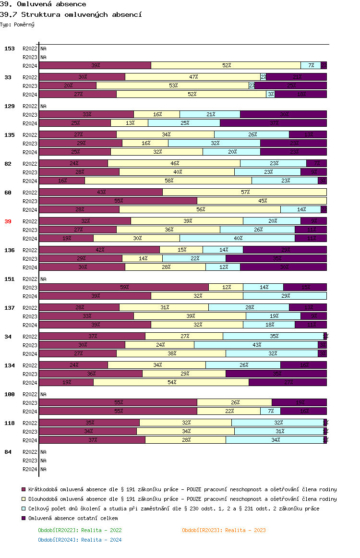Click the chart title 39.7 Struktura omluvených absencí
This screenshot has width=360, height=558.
(71, 14)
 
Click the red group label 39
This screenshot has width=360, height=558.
(8, 221)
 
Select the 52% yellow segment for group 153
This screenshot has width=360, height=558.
(226, 65)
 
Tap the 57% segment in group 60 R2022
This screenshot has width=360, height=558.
(245, 192)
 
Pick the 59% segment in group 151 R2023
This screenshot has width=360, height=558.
(124, 287)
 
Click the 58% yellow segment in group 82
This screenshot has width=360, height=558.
(168, 181)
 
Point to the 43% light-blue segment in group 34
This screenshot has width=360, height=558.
(256, 345)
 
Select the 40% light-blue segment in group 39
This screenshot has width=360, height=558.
(237, 238)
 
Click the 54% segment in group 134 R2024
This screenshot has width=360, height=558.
(171, 382)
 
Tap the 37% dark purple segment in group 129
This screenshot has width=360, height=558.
(273, 123)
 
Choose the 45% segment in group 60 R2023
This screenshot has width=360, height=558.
(262, 201)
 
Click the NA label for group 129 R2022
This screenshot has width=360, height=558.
(43, 106)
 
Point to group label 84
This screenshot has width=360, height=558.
(8, 452)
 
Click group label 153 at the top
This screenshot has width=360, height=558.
(10, 49)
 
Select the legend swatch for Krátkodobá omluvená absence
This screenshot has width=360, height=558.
(24, 489)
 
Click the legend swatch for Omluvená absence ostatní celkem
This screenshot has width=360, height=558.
(24, 518)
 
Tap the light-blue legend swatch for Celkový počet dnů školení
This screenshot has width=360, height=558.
(24, 509)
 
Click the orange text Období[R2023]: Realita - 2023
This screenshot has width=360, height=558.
(224, 530)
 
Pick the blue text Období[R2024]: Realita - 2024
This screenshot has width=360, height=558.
(80, 540)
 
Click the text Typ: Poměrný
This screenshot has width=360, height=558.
(17, 24)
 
